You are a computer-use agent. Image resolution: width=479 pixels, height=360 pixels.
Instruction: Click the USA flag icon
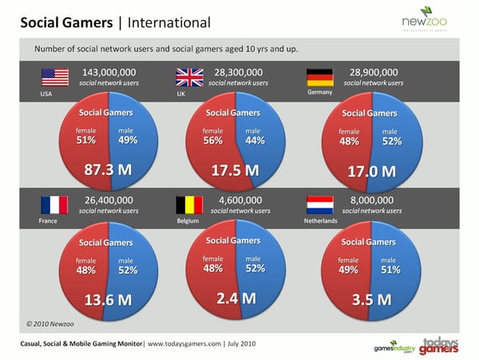[x=56, y=77]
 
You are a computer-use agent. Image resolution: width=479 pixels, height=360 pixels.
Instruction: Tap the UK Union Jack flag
[x=189, y=77]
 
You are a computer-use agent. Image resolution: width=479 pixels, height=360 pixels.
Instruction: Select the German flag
[x=320, y=77]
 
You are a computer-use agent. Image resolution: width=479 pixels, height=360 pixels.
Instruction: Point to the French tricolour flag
[x=55, y=205]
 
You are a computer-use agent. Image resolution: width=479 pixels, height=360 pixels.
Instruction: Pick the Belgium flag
[x=189, y=205]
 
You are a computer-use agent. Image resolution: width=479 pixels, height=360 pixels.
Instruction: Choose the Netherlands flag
[x=320, y=205]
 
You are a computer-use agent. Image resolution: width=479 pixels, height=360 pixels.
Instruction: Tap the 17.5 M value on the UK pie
[x=235, y=171]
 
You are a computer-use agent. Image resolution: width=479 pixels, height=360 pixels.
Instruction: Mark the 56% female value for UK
[x=212, y=140]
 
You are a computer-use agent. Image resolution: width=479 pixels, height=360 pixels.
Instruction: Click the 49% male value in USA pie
[x=127, y=140]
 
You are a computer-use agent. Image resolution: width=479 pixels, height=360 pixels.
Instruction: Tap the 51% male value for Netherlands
[x=390, y=270]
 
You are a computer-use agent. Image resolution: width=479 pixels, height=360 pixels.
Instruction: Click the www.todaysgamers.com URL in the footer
[x=185, y=343]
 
